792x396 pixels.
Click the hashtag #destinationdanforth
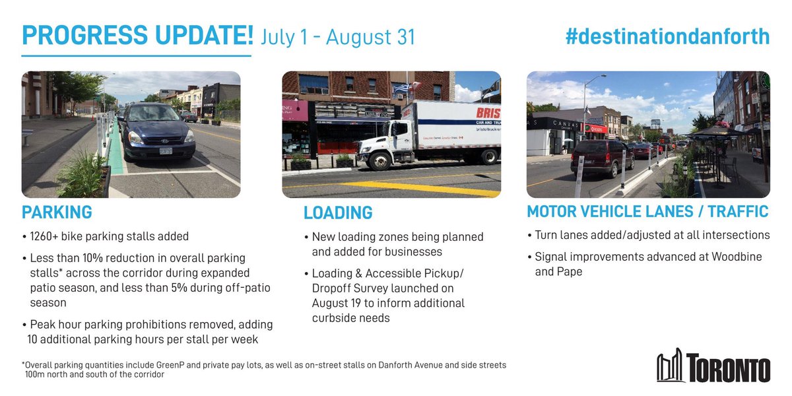click(x=667, y=36)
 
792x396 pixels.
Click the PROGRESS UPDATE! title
click(x=137, y=36)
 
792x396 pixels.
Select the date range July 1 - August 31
click(x=338, y=37)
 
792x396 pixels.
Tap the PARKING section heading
click(x=57, y=213)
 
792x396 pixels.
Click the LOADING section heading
click(x=338, y=213)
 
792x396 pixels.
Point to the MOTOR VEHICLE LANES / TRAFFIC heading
click(x=647, y=212)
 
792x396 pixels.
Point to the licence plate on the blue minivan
click(x=166, y=150)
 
